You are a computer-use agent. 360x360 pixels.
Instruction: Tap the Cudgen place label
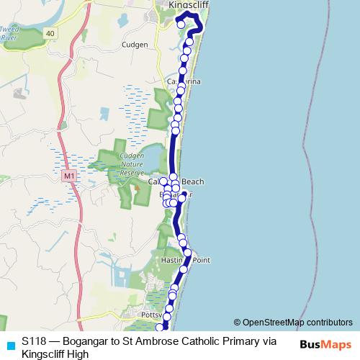(135, 45)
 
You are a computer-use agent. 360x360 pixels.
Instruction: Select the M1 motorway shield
(69, 175)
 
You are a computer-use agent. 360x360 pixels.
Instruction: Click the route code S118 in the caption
(35, 342)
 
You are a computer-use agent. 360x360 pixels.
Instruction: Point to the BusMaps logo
(327, 346)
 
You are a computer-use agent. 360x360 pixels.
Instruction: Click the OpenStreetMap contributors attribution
(292, 322)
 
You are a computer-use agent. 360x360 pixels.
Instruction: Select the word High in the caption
(77, 354)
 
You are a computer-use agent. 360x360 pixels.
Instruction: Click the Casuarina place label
(184, 82)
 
